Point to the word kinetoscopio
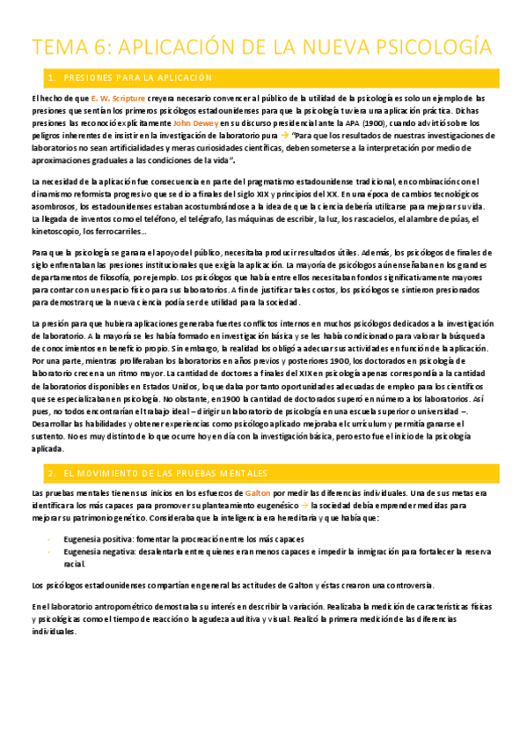[x=56, y=231]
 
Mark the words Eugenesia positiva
[x=98, y=538]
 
